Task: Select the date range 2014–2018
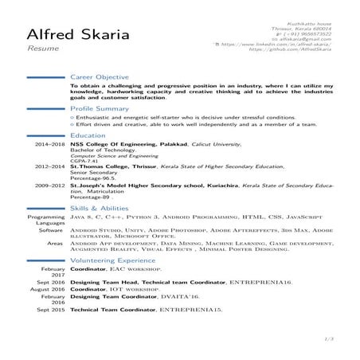[x=49, y=144]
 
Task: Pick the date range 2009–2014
[x=49, y=184]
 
